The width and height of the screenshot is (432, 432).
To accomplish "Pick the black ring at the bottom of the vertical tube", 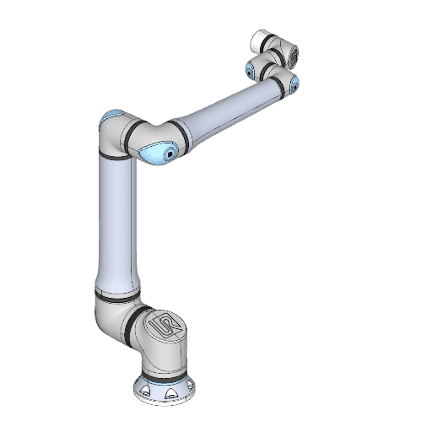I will point(115,296).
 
